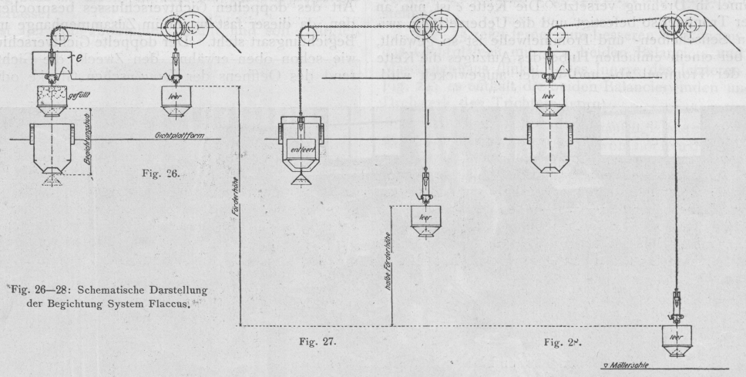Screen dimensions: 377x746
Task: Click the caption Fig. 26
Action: (161, 173)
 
